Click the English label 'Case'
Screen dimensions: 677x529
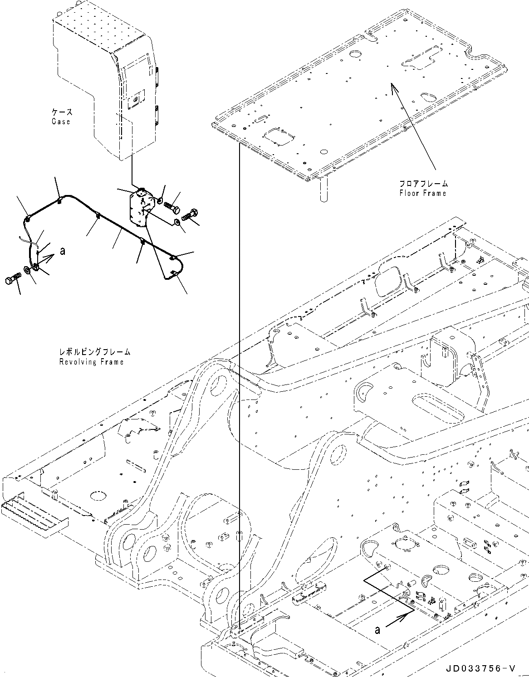(x=60, y=122)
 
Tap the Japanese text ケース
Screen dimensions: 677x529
(x=61, y=112)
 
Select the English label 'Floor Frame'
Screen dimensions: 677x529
(x=422, y=193)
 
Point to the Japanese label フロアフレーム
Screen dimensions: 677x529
(x=423, y=184)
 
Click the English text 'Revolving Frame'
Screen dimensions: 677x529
(x=91, y=361)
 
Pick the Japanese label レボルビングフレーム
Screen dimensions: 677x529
(x=94, y=352)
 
